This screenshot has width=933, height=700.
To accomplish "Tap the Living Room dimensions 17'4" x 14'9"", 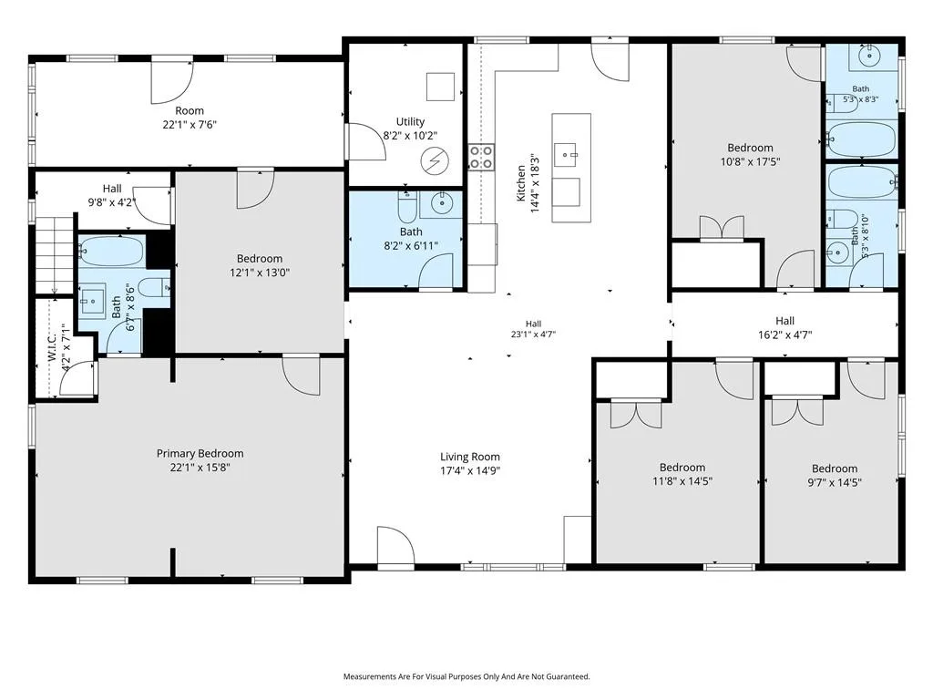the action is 470,471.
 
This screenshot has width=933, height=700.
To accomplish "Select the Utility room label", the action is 411,121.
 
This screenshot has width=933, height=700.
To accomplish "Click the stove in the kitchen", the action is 481,157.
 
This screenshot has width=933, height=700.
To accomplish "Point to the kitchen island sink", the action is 566,155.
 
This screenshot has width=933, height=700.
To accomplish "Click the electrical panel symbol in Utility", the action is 435,160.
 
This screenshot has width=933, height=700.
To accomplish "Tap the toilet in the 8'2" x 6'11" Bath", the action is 407,206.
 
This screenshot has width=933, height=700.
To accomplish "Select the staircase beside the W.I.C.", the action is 55,255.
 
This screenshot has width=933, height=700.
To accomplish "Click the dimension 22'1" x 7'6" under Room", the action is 190,125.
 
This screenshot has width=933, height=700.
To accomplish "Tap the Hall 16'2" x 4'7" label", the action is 784,328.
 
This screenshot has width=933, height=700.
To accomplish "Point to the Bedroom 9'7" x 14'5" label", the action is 835,476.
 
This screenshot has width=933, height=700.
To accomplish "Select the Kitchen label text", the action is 521,183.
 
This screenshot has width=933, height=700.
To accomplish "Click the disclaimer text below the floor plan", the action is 466,677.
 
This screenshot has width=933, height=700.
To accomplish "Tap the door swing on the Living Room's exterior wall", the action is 395,545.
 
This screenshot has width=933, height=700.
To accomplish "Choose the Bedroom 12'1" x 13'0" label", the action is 260,265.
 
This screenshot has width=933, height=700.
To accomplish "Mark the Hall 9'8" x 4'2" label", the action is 112,195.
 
